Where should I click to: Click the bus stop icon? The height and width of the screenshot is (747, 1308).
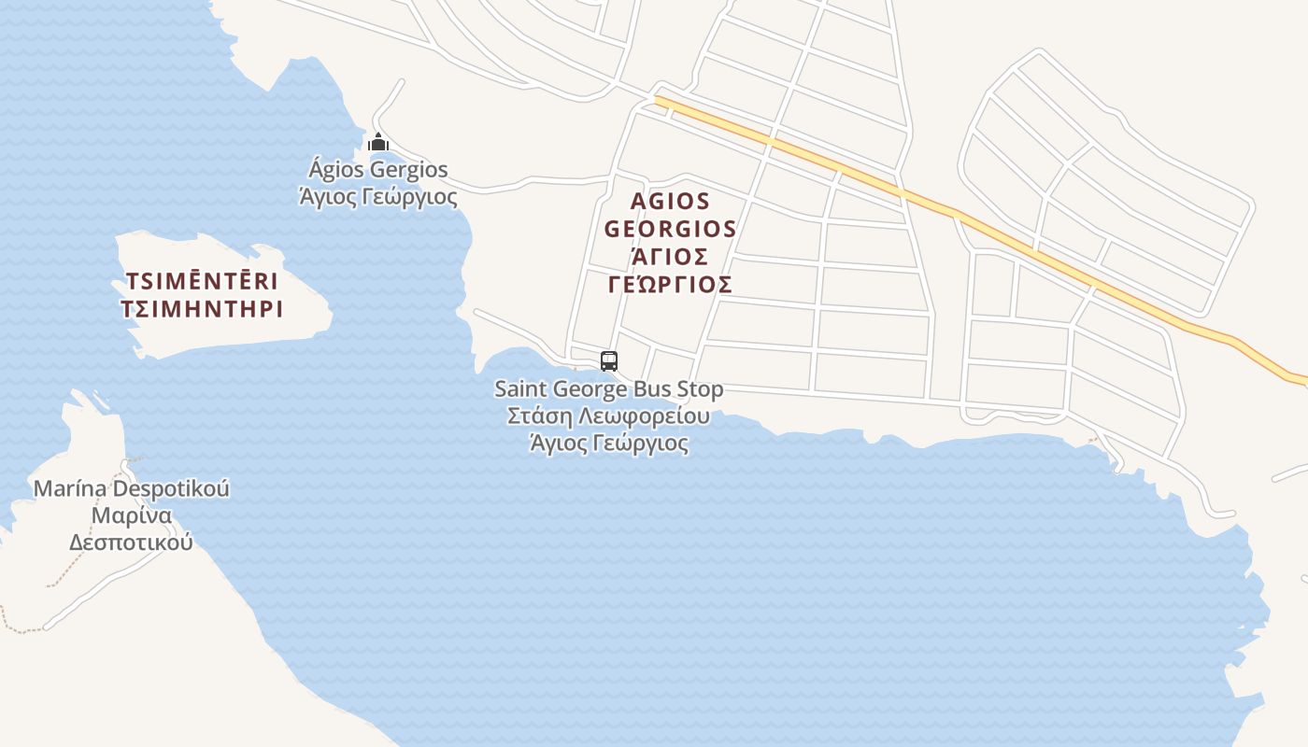609,360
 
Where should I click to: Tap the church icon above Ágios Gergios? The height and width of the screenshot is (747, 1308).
378,143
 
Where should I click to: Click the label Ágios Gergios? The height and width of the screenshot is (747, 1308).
378,170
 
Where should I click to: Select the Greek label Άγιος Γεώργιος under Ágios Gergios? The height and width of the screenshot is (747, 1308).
378,197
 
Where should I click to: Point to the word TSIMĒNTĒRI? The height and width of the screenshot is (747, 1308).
202,282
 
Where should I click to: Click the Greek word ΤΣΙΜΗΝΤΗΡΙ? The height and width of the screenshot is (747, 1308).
202,309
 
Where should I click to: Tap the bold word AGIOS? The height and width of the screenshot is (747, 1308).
671,201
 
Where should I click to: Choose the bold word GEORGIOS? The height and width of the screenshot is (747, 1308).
671,229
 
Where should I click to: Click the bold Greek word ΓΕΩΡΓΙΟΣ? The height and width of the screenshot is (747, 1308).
671,285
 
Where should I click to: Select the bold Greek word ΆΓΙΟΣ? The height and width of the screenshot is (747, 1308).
671,257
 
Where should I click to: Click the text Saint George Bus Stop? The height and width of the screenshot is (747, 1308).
609,388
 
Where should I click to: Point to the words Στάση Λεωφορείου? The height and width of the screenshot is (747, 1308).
609,416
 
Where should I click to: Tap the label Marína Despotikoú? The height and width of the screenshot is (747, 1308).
132,488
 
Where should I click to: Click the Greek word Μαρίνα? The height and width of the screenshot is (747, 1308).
132,515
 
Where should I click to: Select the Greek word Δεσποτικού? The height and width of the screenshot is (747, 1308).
132,542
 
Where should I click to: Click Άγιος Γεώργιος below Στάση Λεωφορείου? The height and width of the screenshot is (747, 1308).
609,443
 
